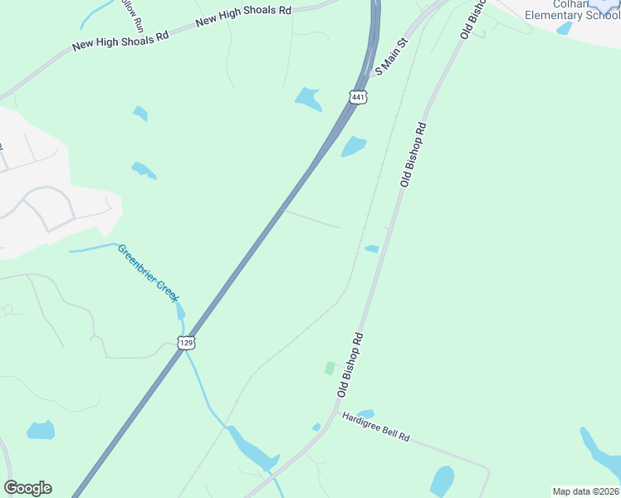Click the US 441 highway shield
(358, 97)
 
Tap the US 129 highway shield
(186, 342)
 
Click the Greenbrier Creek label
(148, 272)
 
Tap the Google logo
(27, 488)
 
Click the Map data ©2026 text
(585, 491)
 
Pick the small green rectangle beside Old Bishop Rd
(330, 368)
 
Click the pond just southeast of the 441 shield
(354, 146)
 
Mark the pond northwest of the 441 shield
(308, 99)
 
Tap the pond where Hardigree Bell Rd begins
(364, 413)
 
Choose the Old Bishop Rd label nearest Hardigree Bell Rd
(350, 364)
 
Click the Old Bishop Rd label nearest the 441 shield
(413, 154)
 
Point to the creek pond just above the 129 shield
(180, 312)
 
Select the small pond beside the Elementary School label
(565, 28)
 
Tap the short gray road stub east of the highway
(311, 218)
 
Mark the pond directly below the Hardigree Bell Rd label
(443, 481)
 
